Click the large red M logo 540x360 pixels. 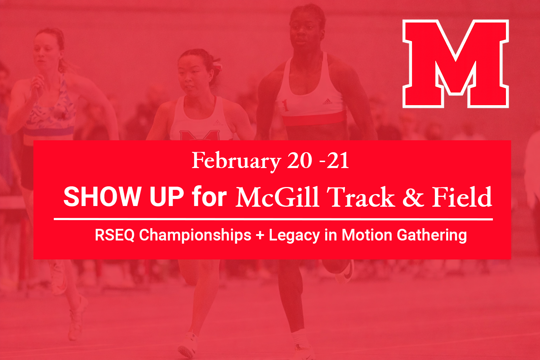[x=456, y=63]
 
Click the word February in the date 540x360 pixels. [x=236, y=161]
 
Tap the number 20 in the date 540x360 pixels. [x=300, y=161]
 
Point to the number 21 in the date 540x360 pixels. [x=337, y=161]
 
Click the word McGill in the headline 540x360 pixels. [x=277, y=197]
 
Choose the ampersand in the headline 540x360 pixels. [x=413, y=197]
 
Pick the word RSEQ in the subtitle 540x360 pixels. [x=115, y=235]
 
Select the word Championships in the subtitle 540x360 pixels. [x=195, y=235]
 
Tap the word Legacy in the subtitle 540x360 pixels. [x=294, y=235]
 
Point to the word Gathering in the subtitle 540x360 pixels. [x=432, y=235]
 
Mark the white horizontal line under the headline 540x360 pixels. [x=273, y=219]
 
